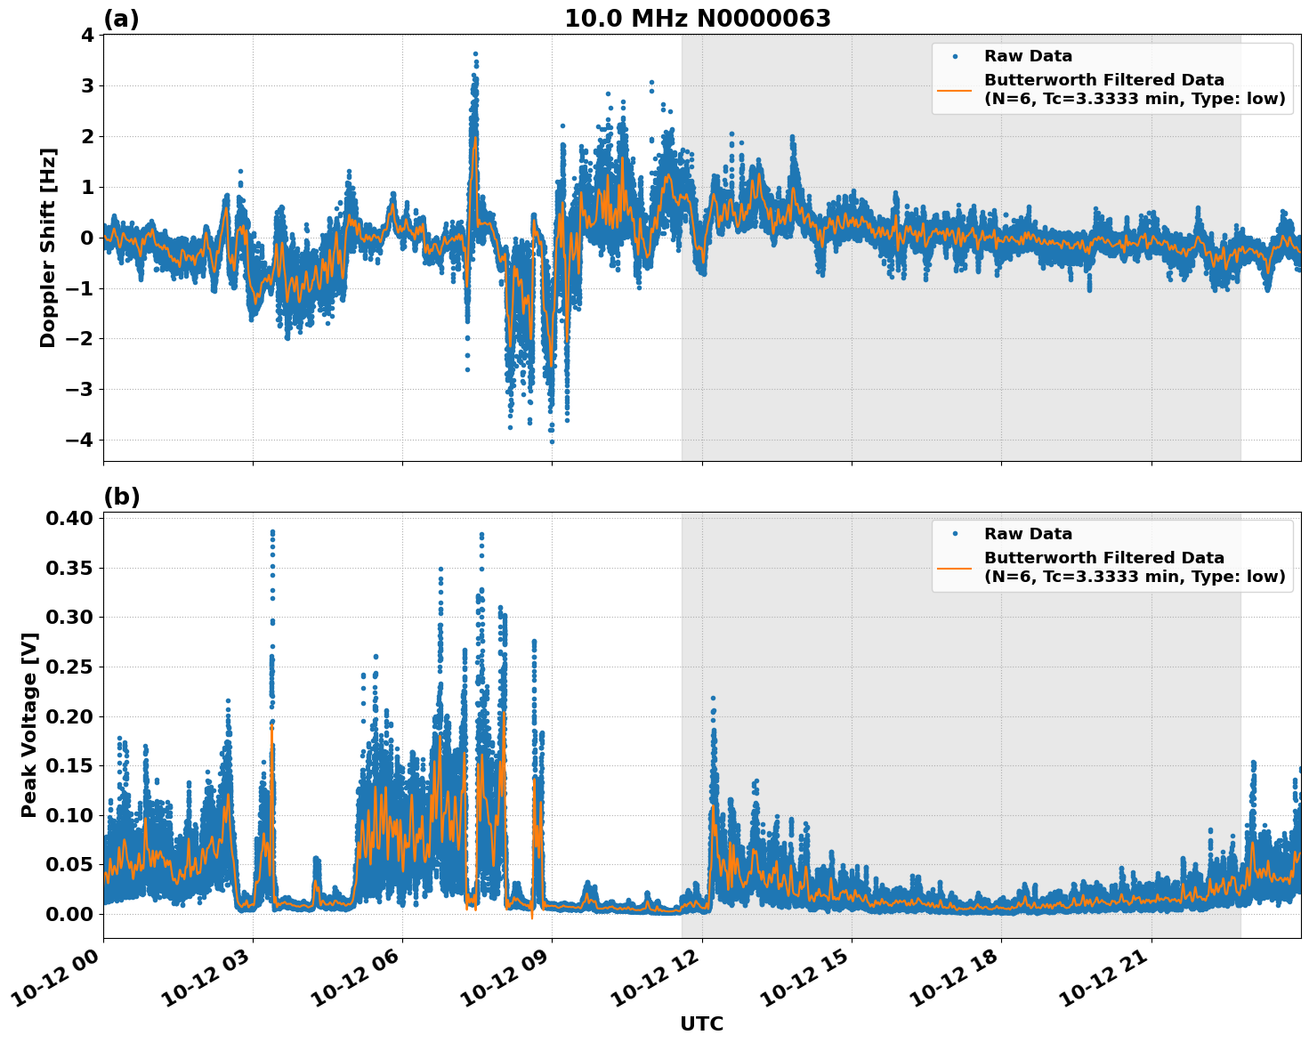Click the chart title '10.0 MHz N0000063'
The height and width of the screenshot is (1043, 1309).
click(698, 19)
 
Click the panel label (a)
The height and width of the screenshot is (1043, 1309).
click(121, 19)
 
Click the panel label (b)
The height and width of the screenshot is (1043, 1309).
click(121, 497)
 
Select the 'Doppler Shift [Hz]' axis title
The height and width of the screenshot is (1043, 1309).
click(48, 247)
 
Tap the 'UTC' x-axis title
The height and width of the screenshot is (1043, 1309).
click(701, 1023)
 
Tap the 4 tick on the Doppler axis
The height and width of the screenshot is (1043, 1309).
click(87, 36)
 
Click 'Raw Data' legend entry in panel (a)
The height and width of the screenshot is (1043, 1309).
click(1028, 56)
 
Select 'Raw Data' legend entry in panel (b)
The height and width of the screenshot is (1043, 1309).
click(1028, 534)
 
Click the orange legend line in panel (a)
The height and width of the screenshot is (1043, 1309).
click(955, 89)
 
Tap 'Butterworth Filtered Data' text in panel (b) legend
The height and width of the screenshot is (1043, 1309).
click(1103, 558)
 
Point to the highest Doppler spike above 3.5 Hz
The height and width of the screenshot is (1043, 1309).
click(475, 54)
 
